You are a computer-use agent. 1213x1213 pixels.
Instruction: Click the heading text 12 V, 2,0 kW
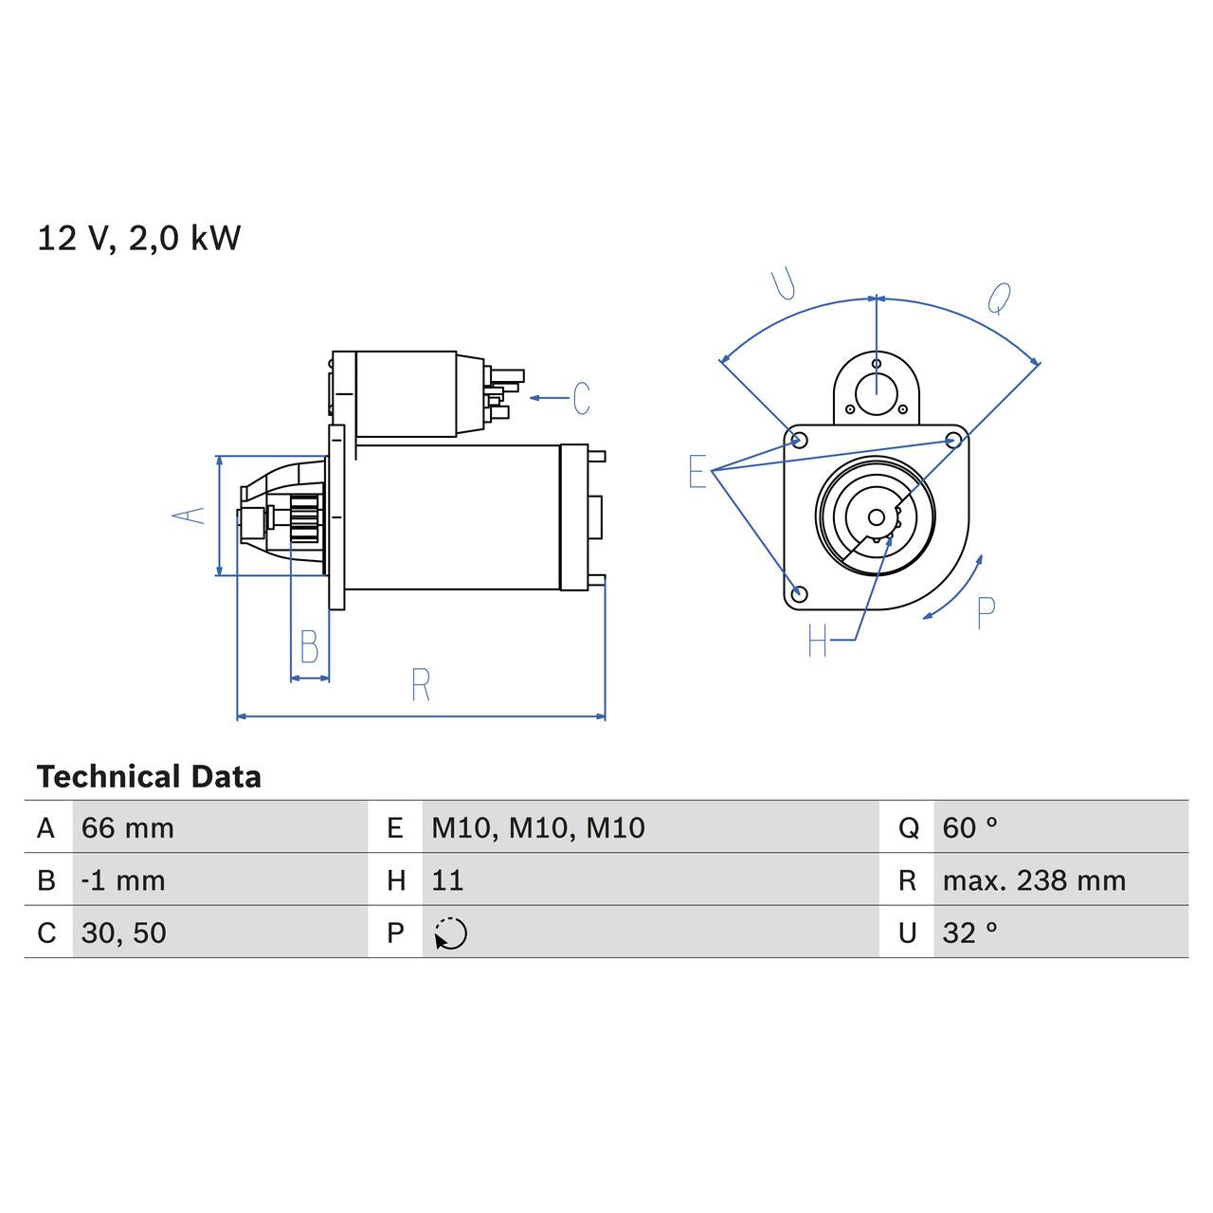pos(139,238)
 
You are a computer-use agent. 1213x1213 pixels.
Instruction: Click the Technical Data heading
pos(149,777)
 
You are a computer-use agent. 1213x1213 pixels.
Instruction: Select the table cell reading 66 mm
pos(128,827)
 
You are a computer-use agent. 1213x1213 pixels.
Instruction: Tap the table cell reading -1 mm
pos(123,880)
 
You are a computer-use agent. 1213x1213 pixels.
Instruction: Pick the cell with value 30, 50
pos(124,932)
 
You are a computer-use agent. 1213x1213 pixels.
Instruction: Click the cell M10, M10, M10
pos(537,827)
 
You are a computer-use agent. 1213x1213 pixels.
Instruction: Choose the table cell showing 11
pos(447,880)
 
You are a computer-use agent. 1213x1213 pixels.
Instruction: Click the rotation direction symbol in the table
pos(451,933)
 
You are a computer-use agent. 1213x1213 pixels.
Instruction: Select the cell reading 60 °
pos(969,827)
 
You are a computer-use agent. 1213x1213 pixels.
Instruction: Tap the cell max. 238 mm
pos(1034,880)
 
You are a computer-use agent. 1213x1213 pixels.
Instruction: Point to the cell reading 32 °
pos(969,932)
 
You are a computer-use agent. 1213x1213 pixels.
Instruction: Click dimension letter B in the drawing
pos(309,646)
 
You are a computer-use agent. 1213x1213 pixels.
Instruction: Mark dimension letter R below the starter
pos(421,684)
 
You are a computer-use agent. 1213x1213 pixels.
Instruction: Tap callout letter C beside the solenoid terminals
pos(582,398)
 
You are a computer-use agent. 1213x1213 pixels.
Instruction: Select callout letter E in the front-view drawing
pos(697,471)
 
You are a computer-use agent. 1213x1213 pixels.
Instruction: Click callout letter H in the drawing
pos(818,642)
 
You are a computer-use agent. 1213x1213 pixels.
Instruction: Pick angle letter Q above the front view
pos(999,298)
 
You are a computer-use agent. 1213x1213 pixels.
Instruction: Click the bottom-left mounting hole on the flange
pos(799,593)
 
